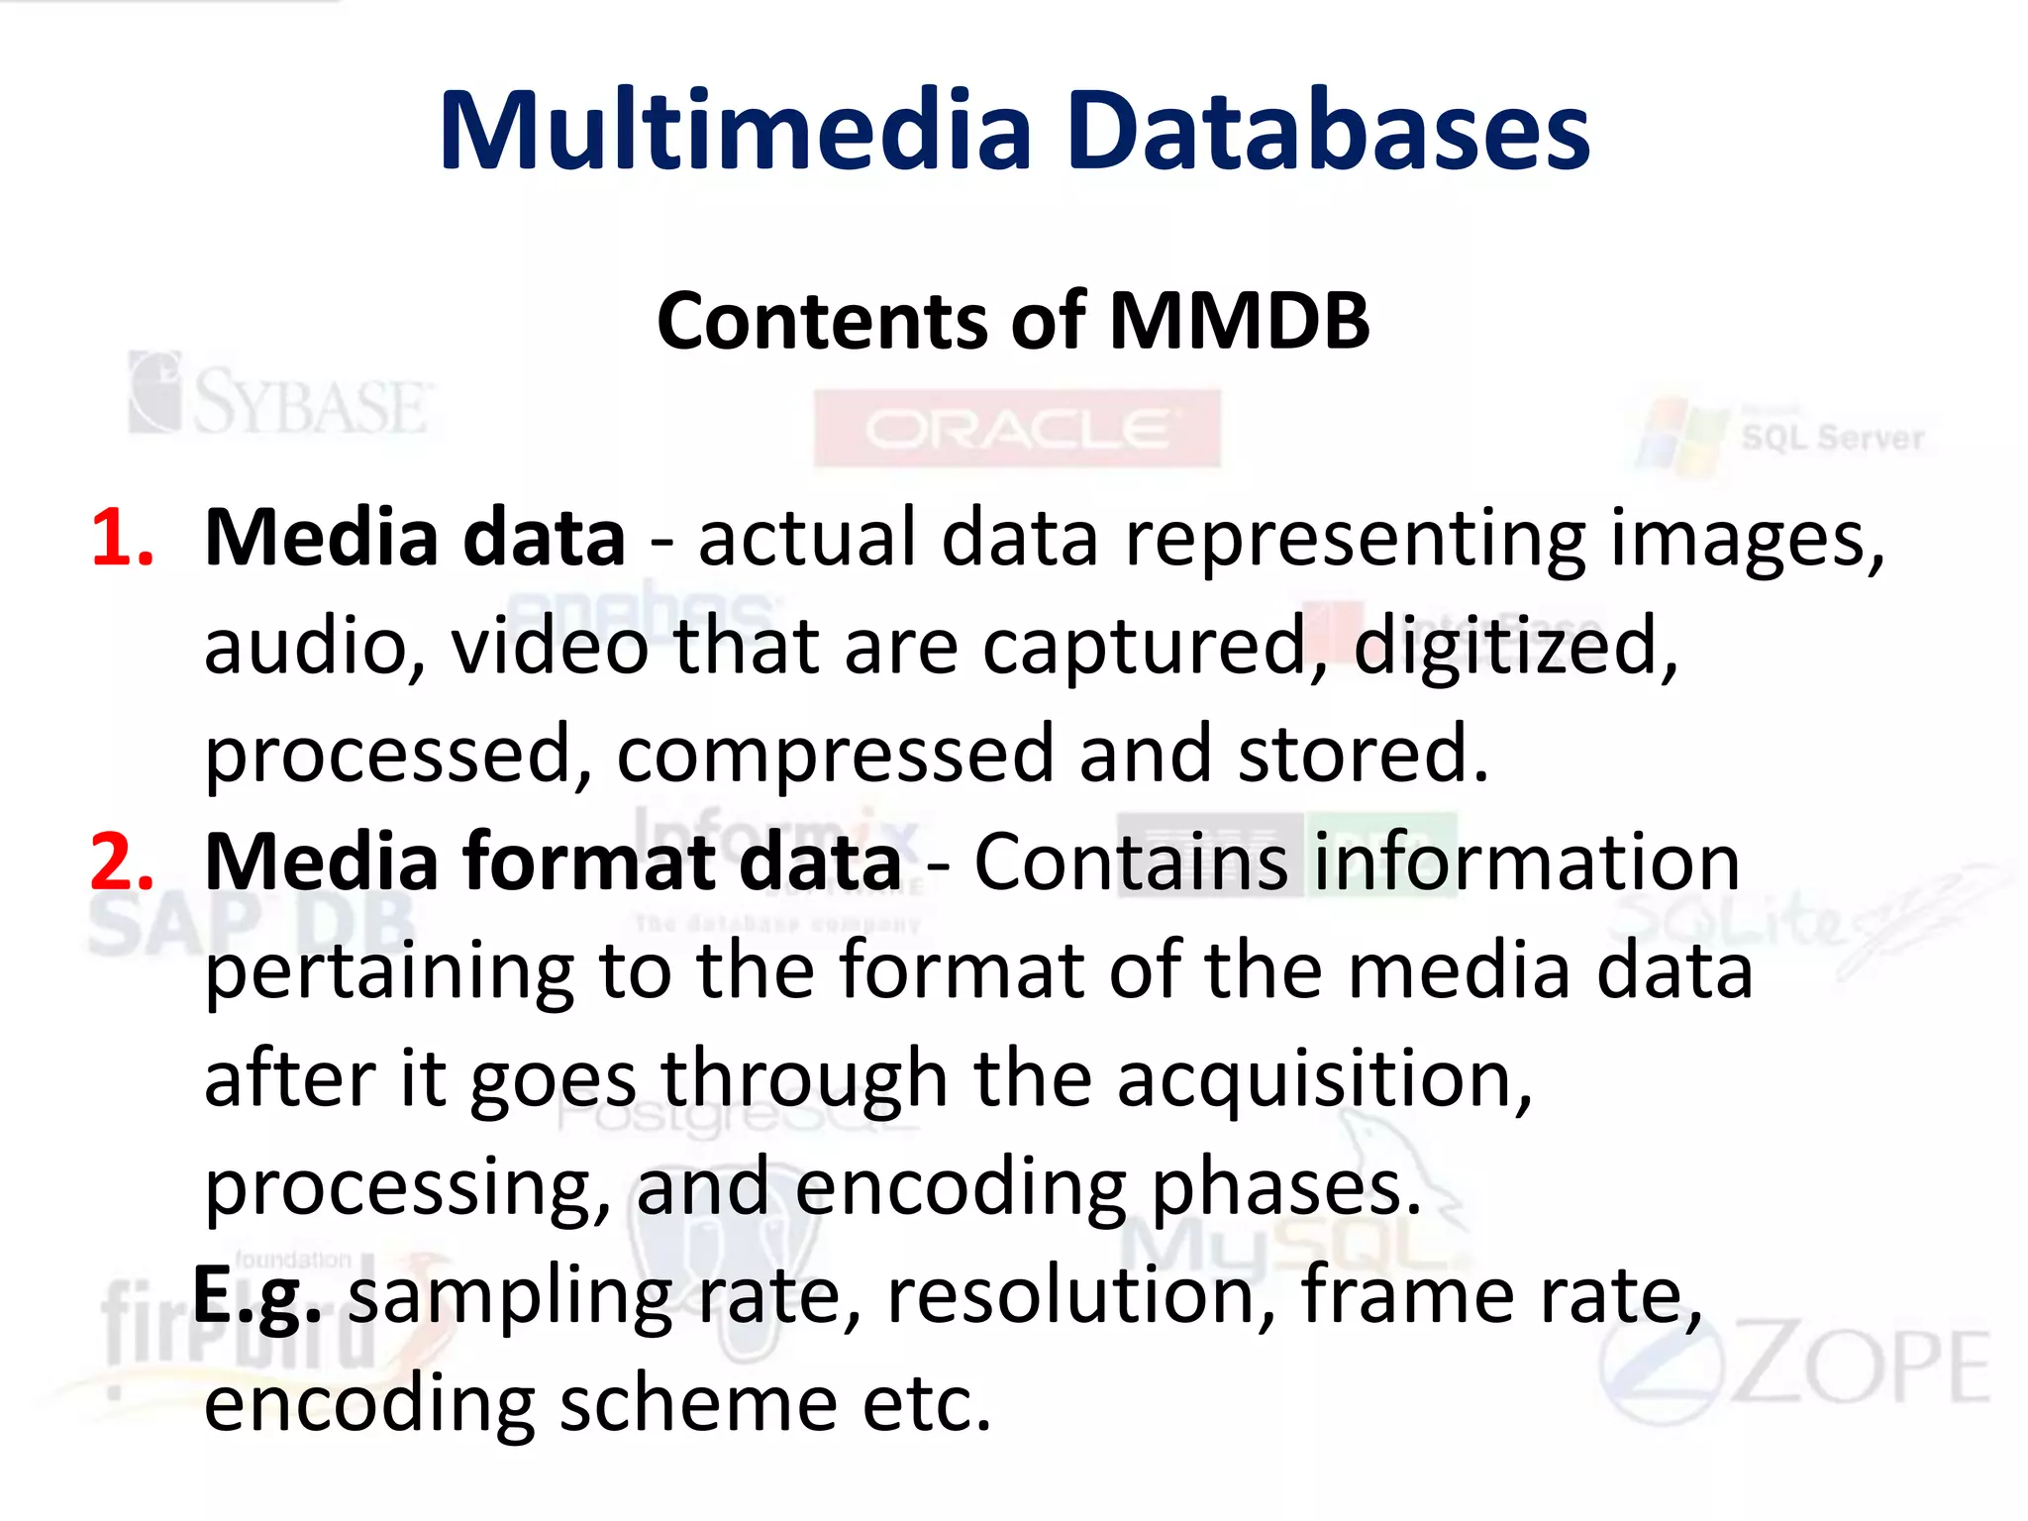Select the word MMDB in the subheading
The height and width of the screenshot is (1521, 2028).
(1239, 321)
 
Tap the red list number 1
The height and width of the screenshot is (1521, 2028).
(121, 538)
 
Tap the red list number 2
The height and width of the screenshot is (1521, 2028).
(121, 862)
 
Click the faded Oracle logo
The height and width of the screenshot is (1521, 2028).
(1017, 429)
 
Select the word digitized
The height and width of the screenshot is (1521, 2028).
(1515, 646)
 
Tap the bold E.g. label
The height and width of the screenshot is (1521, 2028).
(256, 1295)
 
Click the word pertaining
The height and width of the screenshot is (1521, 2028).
(389, 971)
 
